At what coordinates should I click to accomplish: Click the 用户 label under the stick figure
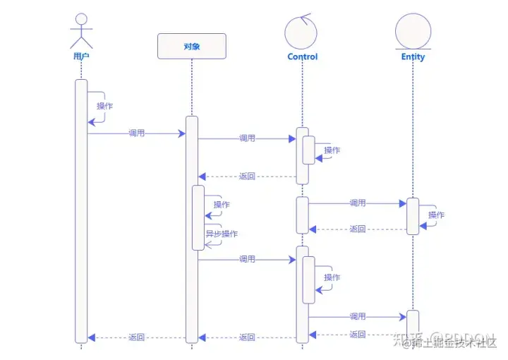tap(81, 56)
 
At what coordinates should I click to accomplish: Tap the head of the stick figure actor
tap(81, 20)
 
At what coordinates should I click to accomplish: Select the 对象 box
tap(192, 46)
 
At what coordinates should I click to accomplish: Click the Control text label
tap(303, 56)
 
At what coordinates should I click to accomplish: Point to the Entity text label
tap(413, 56)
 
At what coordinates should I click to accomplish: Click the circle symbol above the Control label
tap(303, 31)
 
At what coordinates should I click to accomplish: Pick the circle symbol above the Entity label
tap(413, 31)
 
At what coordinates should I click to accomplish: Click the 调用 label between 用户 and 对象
tap(137, 133)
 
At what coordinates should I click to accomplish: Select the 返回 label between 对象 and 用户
tap(137, 337)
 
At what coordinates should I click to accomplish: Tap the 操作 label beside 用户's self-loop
tap(104, 106)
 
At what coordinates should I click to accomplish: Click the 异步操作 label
tap(222, 234)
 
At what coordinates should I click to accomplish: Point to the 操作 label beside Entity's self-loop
tap(437, 215)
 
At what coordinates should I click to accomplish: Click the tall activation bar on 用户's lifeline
tap(81, 212)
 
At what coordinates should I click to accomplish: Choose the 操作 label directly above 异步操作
tap(222, 205)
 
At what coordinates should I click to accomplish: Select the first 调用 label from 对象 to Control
tap(247, 138)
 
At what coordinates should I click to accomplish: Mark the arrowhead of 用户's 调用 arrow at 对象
tap(181, 133)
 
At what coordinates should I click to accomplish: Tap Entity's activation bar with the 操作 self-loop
tap(413, 216)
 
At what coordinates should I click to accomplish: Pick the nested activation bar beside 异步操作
tap(198, 217)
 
